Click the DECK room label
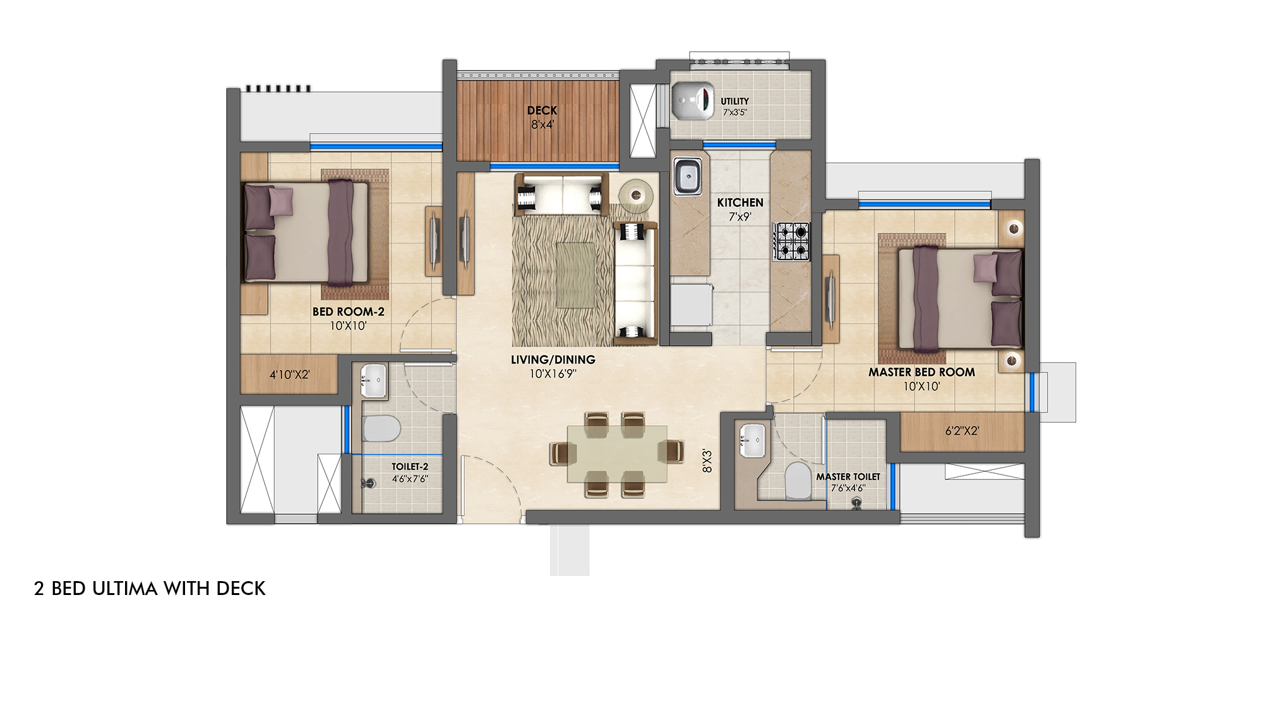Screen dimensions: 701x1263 tap(542, 110)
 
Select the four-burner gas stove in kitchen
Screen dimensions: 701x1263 tap(792, 242)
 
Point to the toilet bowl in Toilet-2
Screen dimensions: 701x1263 tap(382, 428)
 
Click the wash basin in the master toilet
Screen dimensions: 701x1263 tap(752, 439)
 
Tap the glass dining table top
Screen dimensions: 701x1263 tap(617, 454)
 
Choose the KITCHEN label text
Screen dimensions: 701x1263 tap(740, 203)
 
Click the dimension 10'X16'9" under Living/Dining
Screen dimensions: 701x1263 tap(553, 374)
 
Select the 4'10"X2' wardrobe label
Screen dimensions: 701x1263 tap(290, 375)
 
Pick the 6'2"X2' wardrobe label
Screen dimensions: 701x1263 tap(962, 431)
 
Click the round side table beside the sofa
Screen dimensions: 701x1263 tap(636, 195)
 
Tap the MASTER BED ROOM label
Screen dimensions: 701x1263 tap(921, 372)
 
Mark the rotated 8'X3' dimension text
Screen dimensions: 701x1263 tap(707, 461)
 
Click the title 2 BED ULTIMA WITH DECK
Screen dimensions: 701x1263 tap(150, 588)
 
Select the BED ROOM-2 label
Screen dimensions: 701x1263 tap(348, 312)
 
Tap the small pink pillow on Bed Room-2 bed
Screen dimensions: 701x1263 tap(281, 202)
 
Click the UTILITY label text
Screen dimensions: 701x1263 tap(734, 101)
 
